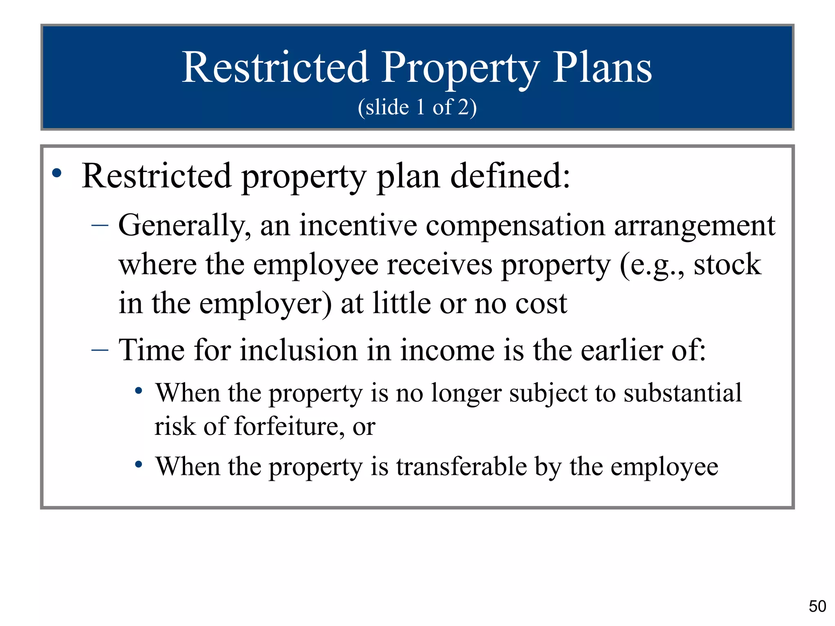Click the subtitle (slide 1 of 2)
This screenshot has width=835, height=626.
pyautogui.click(x=417, y=107)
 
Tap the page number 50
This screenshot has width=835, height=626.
pyautogui.click(x=817, y=606)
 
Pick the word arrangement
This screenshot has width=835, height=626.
pyautogui.click(x=694, y=226)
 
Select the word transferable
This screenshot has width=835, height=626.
pyautogui.click(x=462, y=467)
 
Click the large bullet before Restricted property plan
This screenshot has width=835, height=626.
pyautogui.click(x=57, y=173)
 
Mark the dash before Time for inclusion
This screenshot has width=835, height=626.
pyautogui.click(x=100, y=350)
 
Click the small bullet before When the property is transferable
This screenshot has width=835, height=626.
pyautogui.click(x=139, y=464)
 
